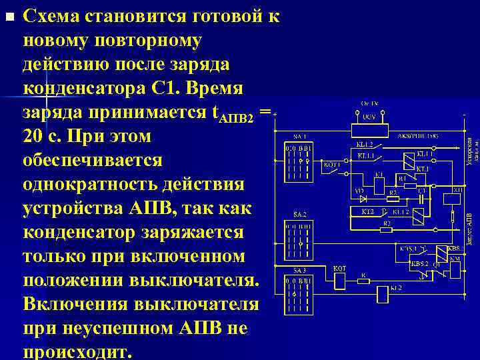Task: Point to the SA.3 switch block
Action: [296, 294]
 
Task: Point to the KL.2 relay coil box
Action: [383, 291]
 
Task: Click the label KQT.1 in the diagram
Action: [332, 163]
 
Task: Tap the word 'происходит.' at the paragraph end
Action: [78, 351]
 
